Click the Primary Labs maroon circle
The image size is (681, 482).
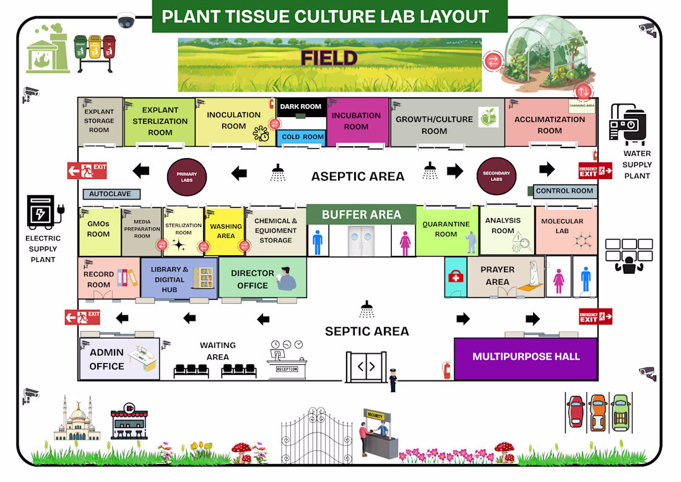187,177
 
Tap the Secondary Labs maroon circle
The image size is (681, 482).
497,177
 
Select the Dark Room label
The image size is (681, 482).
301,107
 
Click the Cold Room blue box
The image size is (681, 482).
301,137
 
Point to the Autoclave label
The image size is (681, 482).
111,194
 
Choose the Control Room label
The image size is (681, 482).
565,191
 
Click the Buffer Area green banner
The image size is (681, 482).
362,214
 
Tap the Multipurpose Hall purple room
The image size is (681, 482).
526,357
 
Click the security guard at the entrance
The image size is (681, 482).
393,380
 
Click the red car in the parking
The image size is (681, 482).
576,412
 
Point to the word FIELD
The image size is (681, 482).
329,58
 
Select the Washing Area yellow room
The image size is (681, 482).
225,231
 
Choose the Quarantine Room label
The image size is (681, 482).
446,229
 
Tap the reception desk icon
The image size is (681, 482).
286,361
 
